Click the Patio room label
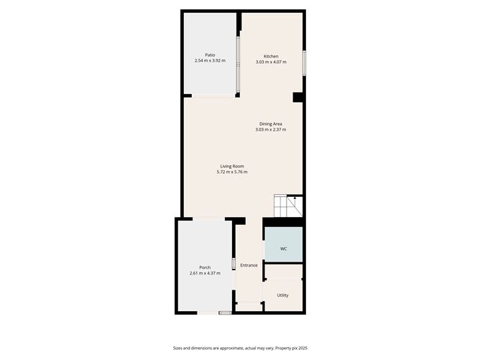(210, 55)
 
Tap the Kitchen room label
(271, 56)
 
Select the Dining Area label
(271, 124)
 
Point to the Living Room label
(232, 166)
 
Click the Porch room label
(205, 267)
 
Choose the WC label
(284, 249)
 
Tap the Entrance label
(249, 265)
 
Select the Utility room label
(283, 295)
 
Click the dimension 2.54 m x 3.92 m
(210, 60)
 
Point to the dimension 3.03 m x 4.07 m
(271, 62)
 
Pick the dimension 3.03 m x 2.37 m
(271, 129)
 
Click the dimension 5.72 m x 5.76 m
(232, 172)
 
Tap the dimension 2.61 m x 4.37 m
(205, 273)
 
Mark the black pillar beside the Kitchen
(297, 97)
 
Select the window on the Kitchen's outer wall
(304, 62)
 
